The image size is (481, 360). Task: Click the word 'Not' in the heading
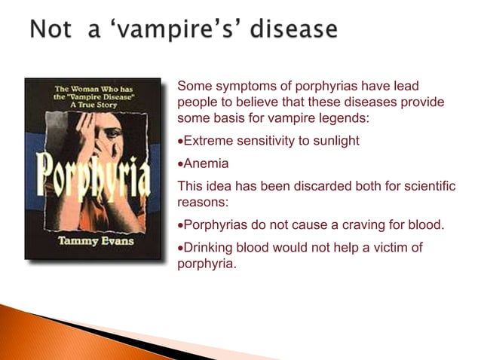51,31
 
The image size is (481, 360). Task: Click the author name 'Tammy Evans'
93,243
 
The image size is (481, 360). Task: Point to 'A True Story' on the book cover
92,105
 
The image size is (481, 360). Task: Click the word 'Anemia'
206,163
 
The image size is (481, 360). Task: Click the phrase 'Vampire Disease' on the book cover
93,96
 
